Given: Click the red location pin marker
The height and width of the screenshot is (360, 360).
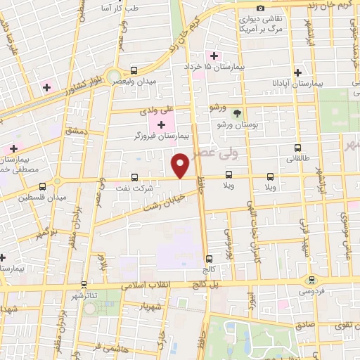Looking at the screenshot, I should point(181,165).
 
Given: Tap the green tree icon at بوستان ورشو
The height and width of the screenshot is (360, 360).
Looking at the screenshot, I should point(237,113).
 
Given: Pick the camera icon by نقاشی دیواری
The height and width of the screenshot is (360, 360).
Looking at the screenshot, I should point(261,8).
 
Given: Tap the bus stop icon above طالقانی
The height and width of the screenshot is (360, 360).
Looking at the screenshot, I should point(298,148).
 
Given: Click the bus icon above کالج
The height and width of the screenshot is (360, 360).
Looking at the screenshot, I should point(209,258).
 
